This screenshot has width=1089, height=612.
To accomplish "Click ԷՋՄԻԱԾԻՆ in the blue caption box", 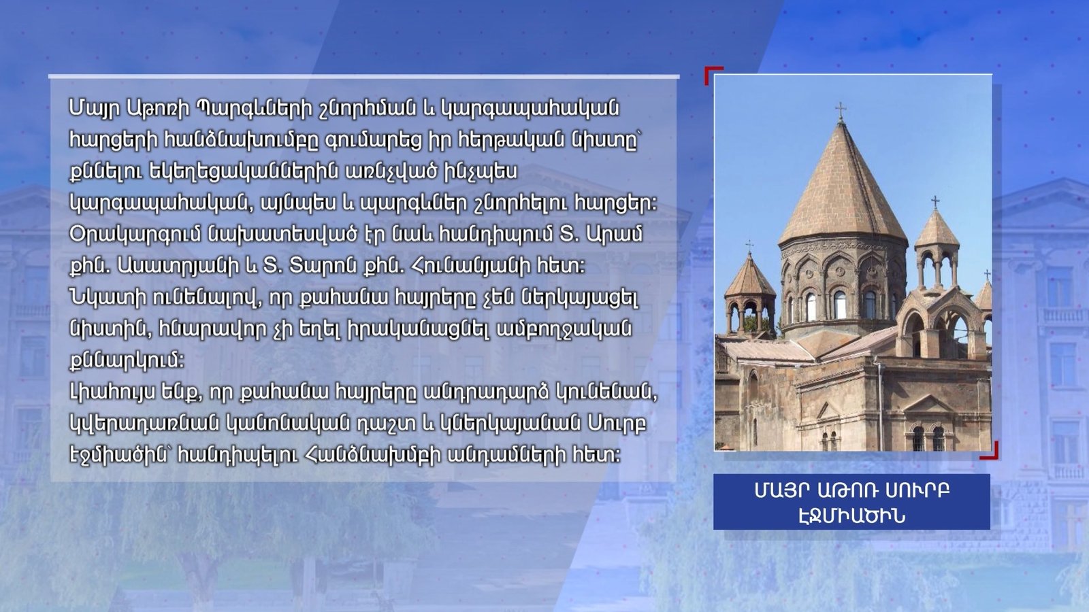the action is (x=851, y=516).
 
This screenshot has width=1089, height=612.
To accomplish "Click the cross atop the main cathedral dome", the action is (x=841, y=111).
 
